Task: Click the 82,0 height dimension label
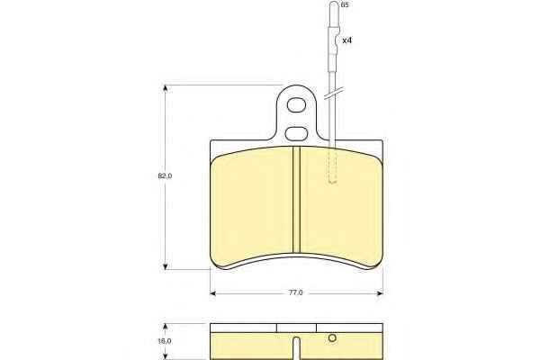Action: (165, 176)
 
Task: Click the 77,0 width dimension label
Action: (295, 292)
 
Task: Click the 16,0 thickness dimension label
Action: (165, 341)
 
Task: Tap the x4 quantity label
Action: (347, 40)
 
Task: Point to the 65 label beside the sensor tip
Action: (345, 5)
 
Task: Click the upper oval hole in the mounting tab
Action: (296, 105)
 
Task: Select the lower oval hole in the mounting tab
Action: (296, 134)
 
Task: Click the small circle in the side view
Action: (332, 338)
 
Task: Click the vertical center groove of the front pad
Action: (296, 200)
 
